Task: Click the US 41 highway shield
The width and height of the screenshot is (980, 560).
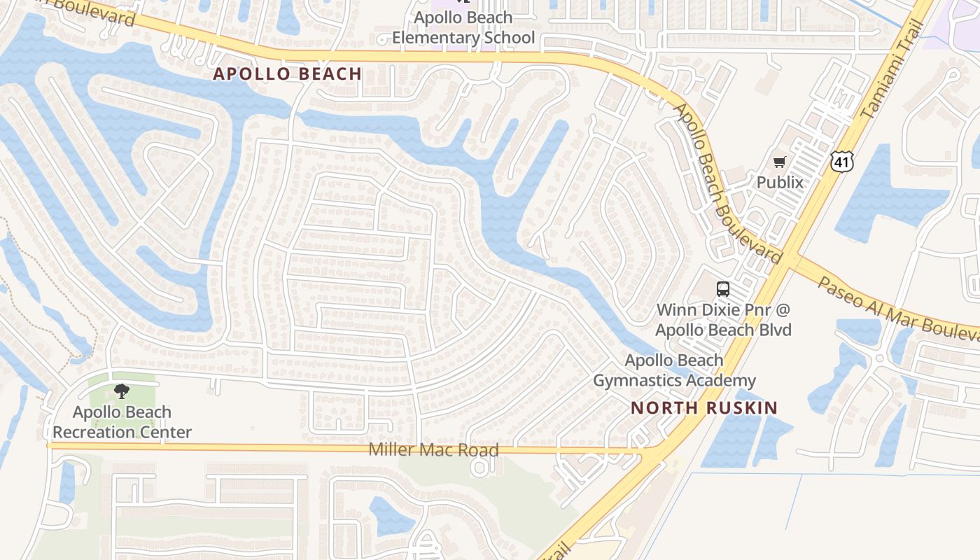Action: click(x=842, y=162)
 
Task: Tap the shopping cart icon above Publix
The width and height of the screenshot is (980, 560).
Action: click(x=780, y=162)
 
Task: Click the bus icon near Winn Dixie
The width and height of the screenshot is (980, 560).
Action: click(x=723, y=288)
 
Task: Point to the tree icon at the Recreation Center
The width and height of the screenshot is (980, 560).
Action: click(x=122, y=391)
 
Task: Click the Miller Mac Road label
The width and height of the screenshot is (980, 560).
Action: click(x=434, y=450)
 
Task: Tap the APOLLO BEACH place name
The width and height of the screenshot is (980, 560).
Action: click(x=287, y=73)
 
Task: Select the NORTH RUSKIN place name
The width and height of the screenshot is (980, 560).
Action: click(x=704, y=408)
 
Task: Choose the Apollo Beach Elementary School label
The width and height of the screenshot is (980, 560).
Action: click(x=463, y=27)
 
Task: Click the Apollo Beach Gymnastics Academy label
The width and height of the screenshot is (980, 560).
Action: click(x=674, y=370)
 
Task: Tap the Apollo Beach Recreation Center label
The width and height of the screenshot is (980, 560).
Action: click(x=122, y=422)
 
